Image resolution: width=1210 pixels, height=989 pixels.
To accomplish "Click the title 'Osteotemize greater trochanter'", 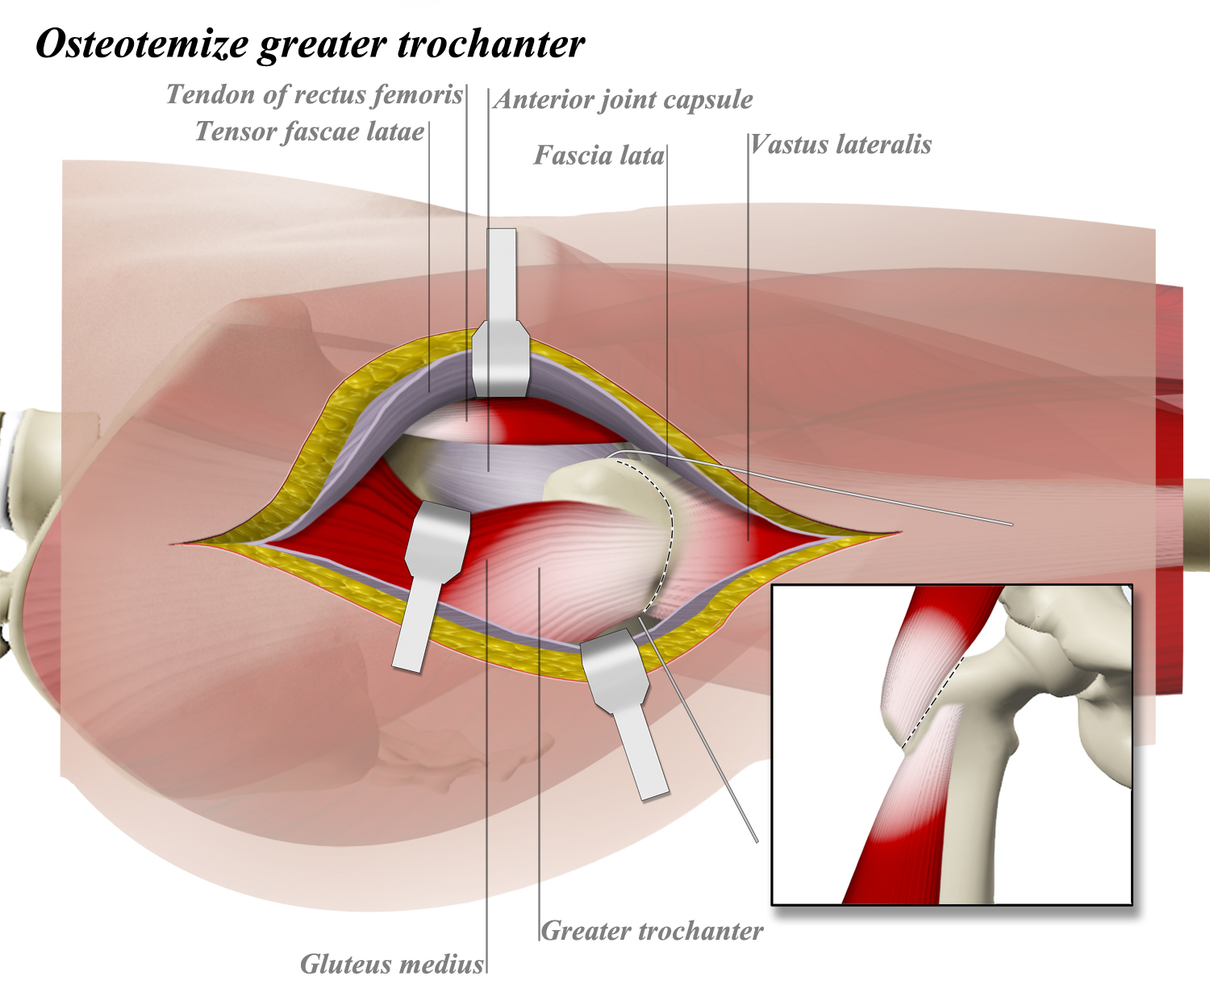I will coord(310,44).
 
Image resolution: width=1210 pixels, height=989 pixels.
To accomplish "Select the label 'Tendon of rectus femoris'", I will coord(315,95).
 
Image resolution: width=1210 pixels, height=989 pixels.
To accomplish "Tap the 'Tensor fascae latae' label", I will coord(310,131).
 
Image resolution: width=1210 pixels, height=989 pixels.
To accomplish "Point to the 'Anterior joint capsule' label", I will coord(624,100).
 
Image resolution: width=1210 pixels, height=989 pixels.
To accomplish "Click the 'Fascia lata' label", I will coord(599,155).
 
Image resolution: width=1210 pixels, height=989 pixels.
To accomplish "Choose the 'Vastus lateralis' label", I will coord(841,145).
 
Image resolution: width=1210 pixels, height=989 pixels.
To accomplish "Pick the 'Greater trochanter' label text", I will coord(652,931).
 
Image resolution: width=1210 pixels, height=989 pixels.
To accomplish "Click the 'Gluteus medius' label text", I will coord(392,964).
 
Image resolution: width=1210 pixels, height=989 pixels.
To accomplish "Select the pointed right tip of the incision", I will coord(898,532).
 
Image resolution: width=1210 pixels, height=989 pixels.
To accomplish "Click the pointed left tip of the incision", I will coord(173,545).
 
